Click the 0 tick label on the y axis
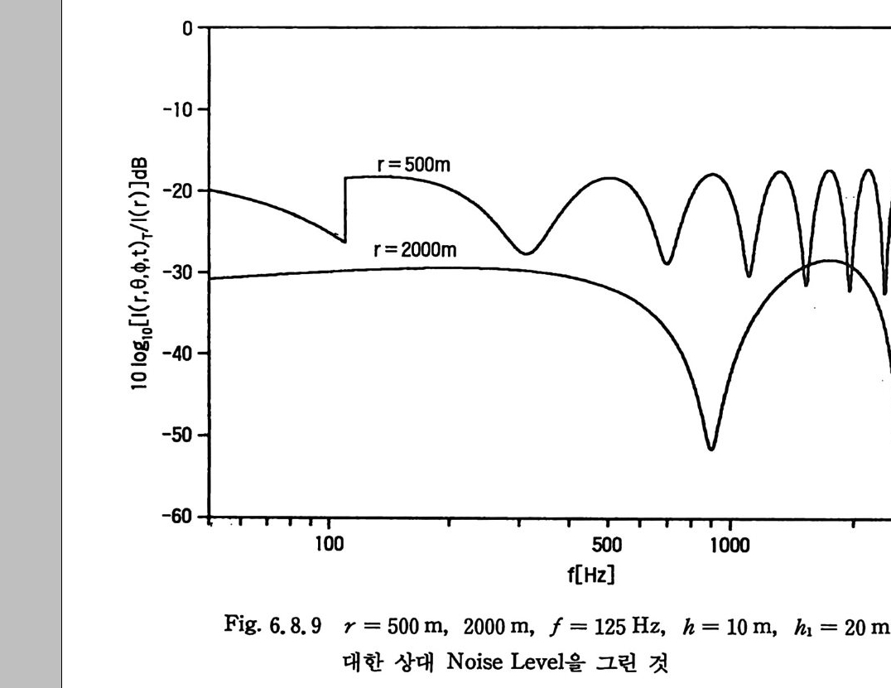tap(190, 27)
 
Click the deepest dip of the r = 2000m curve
tap(710, 448)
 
